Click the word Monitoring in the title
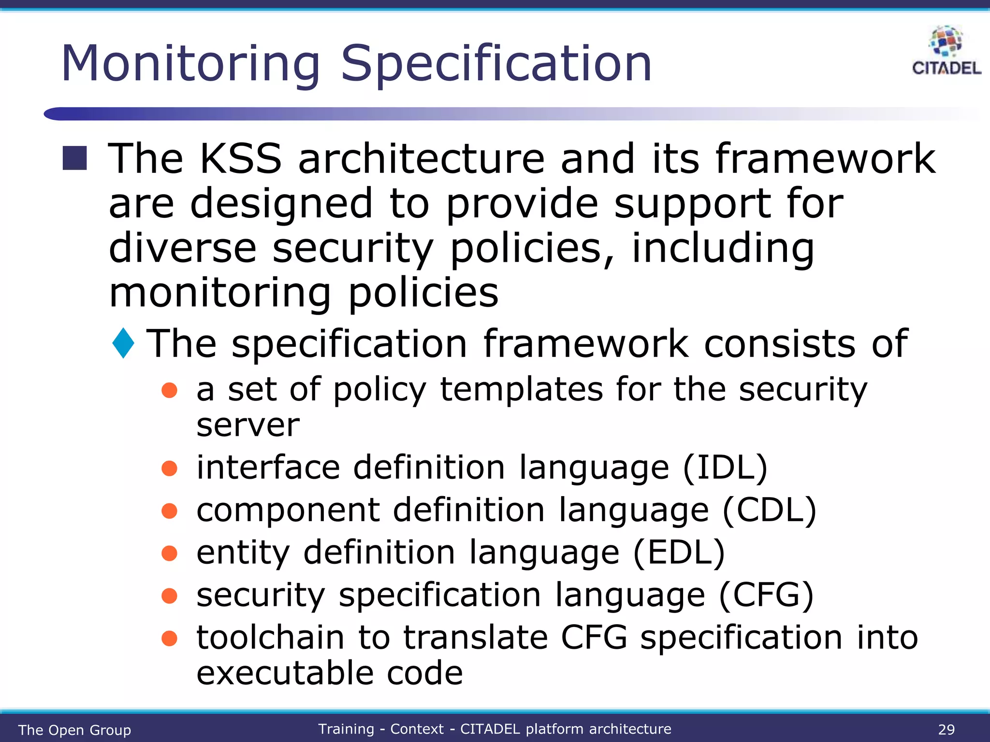pyautogui.click(x=190, y=64)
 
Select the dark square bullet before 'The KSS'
pyautogui.click(x=75, y=158)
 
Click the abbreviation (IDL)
pyautogui.click(x=725, y=468)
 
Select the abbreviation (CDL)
pyautogui.click(x=769, y=510)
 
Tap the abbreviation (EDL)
pyautogui.click(x=679, y=552)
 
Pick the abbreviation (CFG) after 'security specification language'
pyautogui.click(x=766, y=595)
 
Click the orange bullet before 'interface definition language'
pyautogui.click(x=169, y=468)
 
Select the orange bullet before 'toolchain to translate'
pyautogui.click(x=169, y=638)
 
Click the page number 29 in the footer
pyautogui.click(x=946, y=729)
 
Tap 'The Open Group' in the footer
pyautogui.click(x=74, y=730)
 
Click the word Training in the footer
pyautogui.click(x=346, y=729)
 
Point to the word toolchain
pyautogui.click(x=270, y=637)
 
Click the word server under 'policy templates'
pyautogui.click(x=247, y=426)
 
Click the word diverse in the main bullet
pyautogui.click(x=182, y=248)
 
